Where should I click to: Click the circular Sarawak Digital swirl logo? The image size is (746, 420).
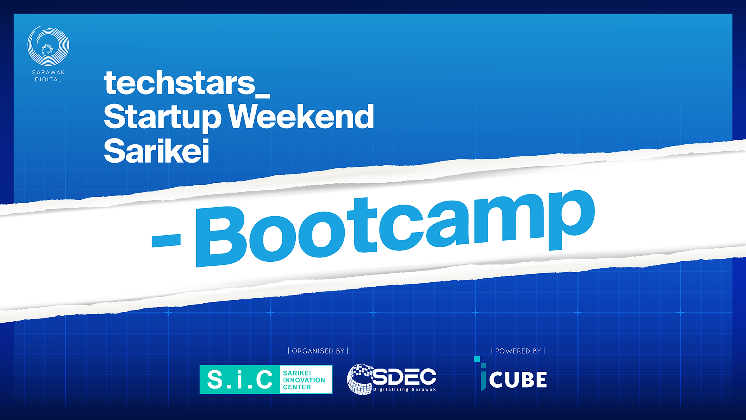[48, 45]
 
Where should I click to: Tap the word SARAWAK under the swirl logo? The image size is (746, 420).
[48, 72]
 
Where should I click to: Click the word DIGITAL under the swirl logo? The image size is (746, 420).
[48, 79]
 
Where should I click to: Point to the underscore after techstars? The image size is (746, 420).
[263, 96]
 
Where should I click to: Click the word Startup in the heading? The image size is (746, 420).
[162, 117]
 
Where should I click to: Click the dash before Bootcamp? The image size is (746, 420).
[166, 240]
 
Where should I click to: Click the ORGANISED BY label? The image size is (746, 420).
[318, 351]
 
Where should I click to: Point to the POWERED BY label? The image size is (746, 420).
[518, 351]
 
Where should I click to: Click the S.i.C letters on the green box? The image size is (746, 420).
[240, 380]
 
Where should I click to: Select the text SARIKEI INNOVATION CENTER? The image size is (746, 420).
[304, 380]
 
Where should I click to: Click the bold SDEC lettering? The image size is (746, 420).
[404, 376]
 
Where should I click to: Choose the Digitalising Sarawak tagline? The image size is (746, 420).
[404, 389]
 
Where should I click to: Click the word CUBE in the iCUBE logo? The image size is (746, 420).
[518, 380]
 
